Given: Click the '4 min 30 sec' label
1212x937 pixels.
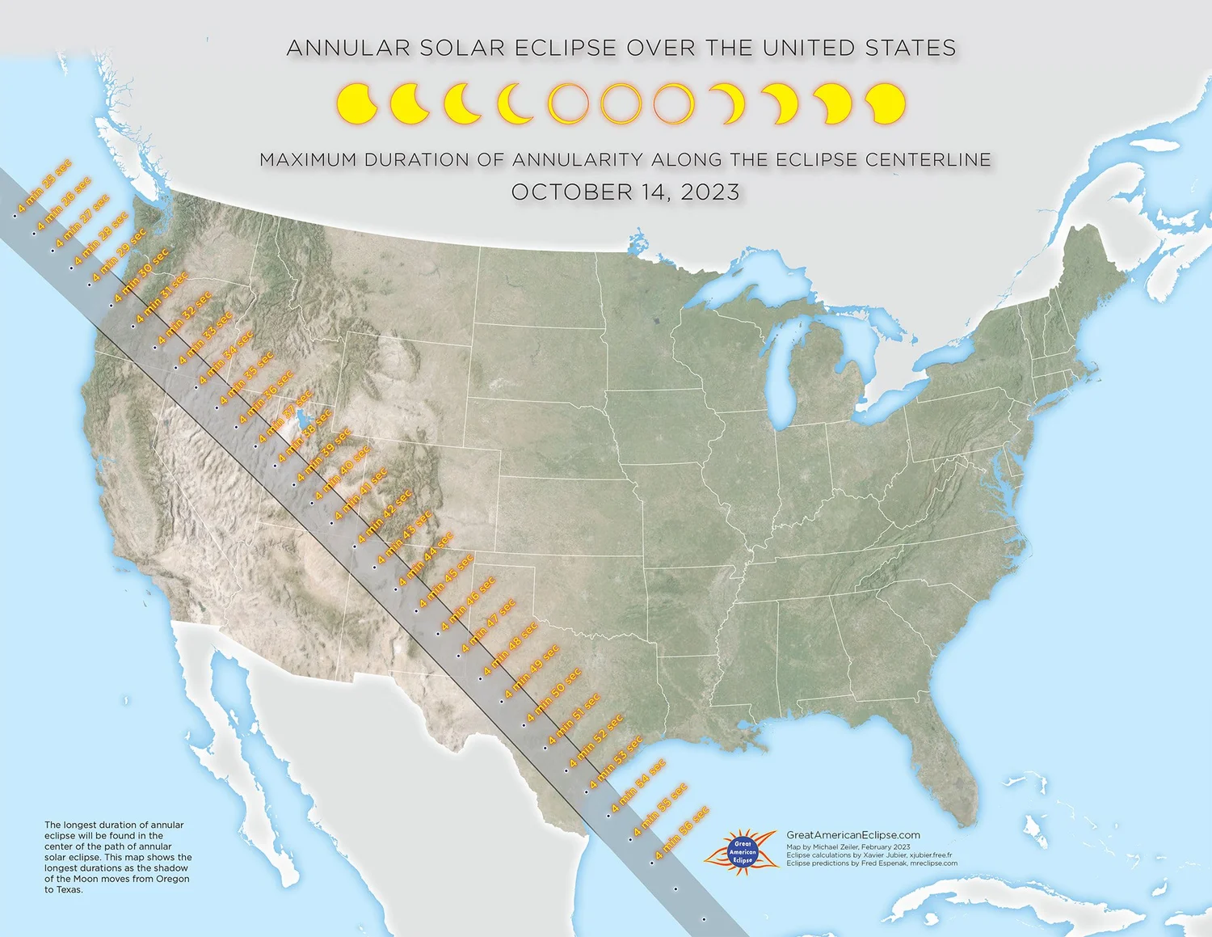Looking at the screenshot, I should click(x=142, y=275).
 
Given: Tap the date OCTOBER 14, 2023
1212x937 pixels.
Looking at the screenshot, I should click(x=625, y=192).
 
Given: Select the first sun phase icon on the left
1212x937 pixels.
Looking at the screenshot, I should click(x=356, y=103).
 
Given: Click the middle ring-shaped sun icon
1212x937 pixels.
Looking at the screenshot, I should click(x=621, y=103).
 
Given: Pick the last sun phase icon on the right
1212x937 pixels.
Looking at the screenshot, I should click(x=885, y=103).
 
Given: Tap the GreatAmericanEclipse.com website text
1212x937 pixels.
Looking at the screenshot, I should click(x=853, y=835).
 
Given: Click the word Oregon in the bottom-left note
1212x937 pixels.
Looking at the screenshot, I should click(x=173, y=879).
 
